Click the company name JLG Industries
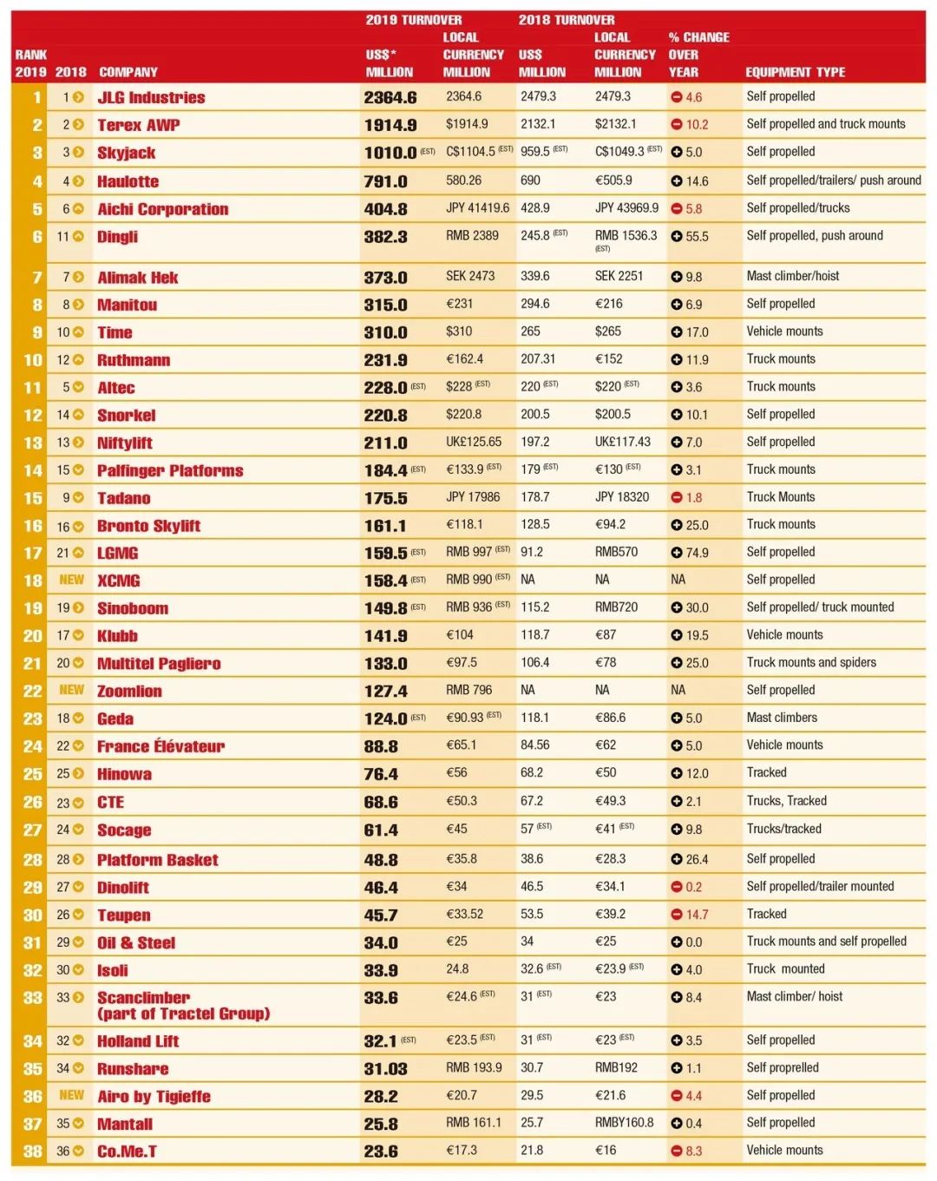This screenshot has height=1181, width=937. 151,98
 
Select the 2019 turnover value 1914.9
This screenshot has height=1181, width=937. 390,125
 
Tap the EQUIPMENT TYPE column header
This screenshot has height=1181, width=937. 795,72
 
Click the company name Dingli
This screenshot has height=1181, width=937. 117,237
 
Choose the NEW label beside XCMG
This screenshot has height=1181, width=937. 71,580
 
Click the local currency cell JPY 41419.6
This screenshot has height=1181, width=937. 477,208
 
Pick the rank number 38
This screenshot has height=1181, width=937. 32,1151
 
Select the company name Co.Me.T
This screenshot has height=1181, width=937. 127,1151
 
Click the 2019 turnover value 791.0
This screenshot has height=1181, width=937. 386,181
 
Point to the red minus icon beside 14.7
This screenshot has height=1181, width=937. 677,915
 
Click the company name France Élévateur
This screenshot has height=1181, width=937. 161,746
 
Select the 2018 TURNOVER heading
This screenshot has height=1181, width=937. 567,20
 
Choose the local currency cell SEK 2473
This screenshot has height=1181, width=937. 470,276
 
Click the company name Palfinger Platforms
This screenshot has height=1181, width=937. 170,470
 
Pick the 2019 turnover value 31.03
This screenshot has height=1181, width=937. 386,1069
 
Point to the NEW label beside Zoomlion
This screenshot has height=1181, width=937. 71,690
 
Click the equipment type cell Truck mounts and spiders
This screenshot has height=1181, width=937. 811,662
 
